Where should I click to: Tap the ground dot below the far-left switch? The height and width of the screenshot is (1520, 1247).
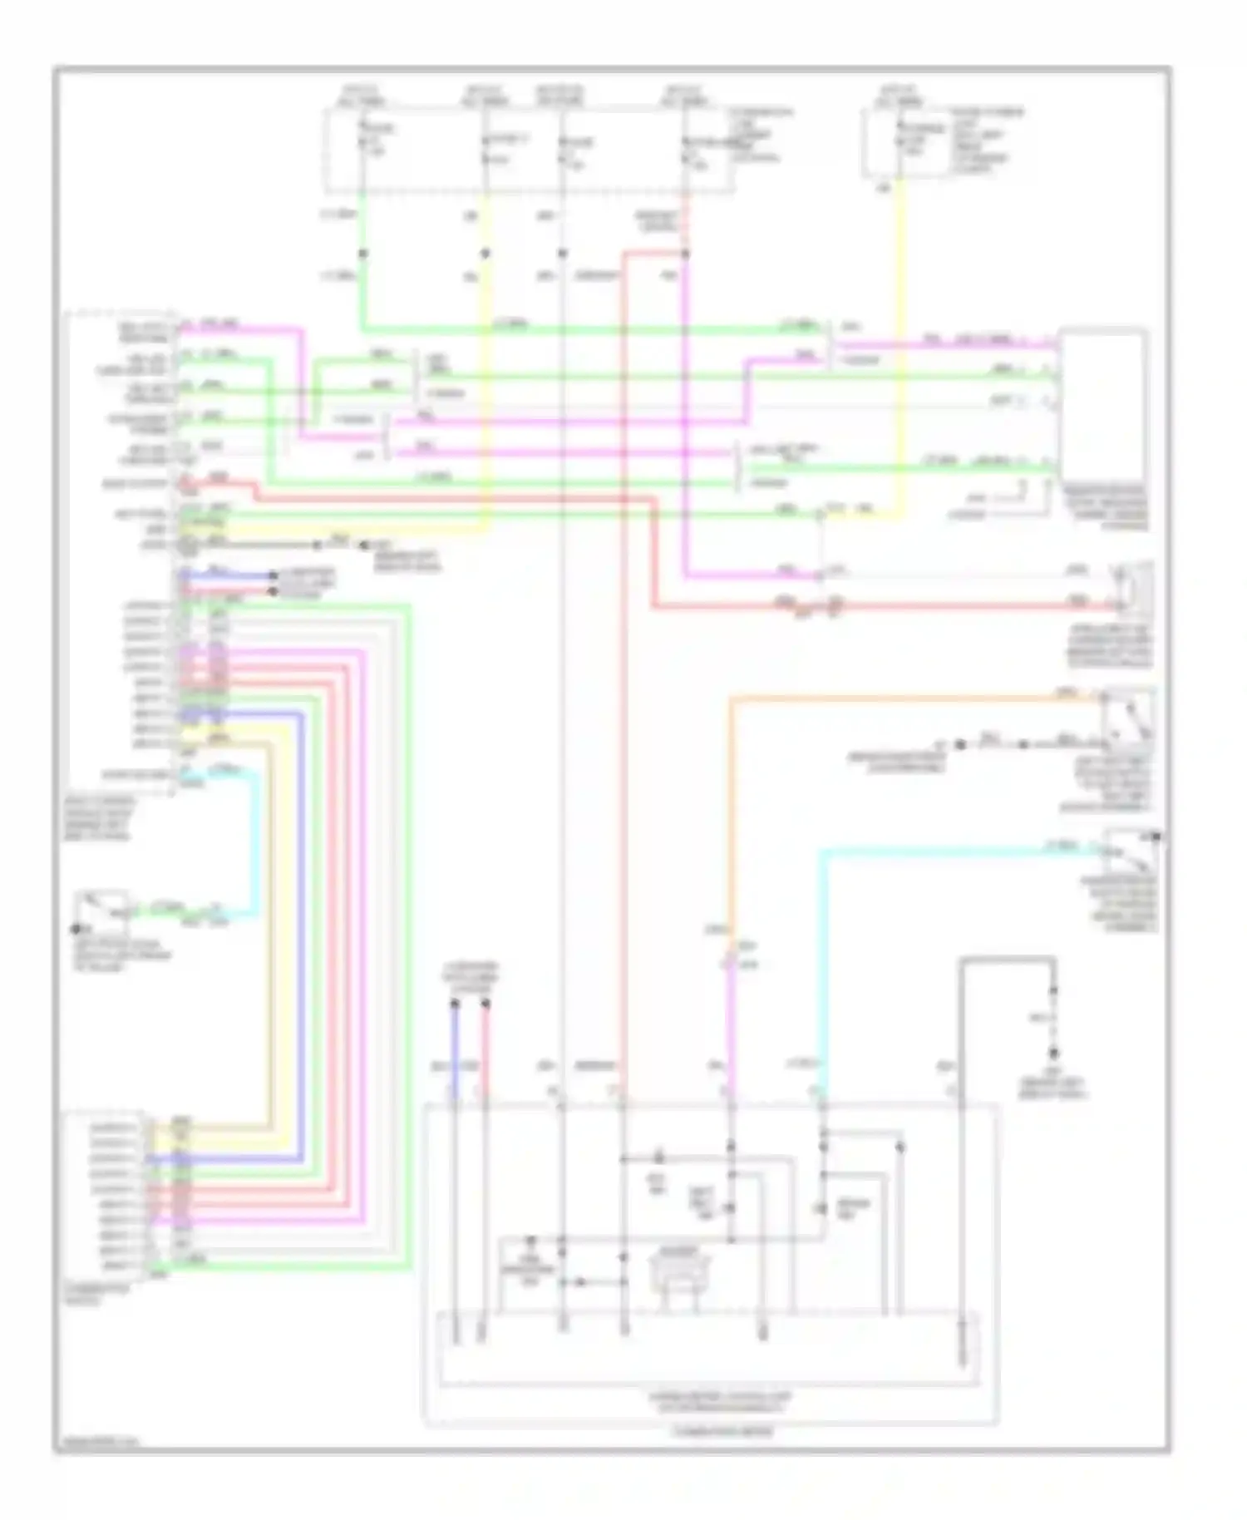point(76,929)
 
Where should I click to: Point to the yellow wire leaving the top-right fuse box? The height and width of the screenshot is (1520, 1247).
point(900,333)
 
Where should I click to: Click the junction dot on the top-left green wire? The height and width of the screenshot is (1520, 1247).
point(362,253)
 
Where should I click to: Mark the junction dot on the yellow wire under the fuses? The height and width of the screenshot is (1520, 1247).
point(485,253)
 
